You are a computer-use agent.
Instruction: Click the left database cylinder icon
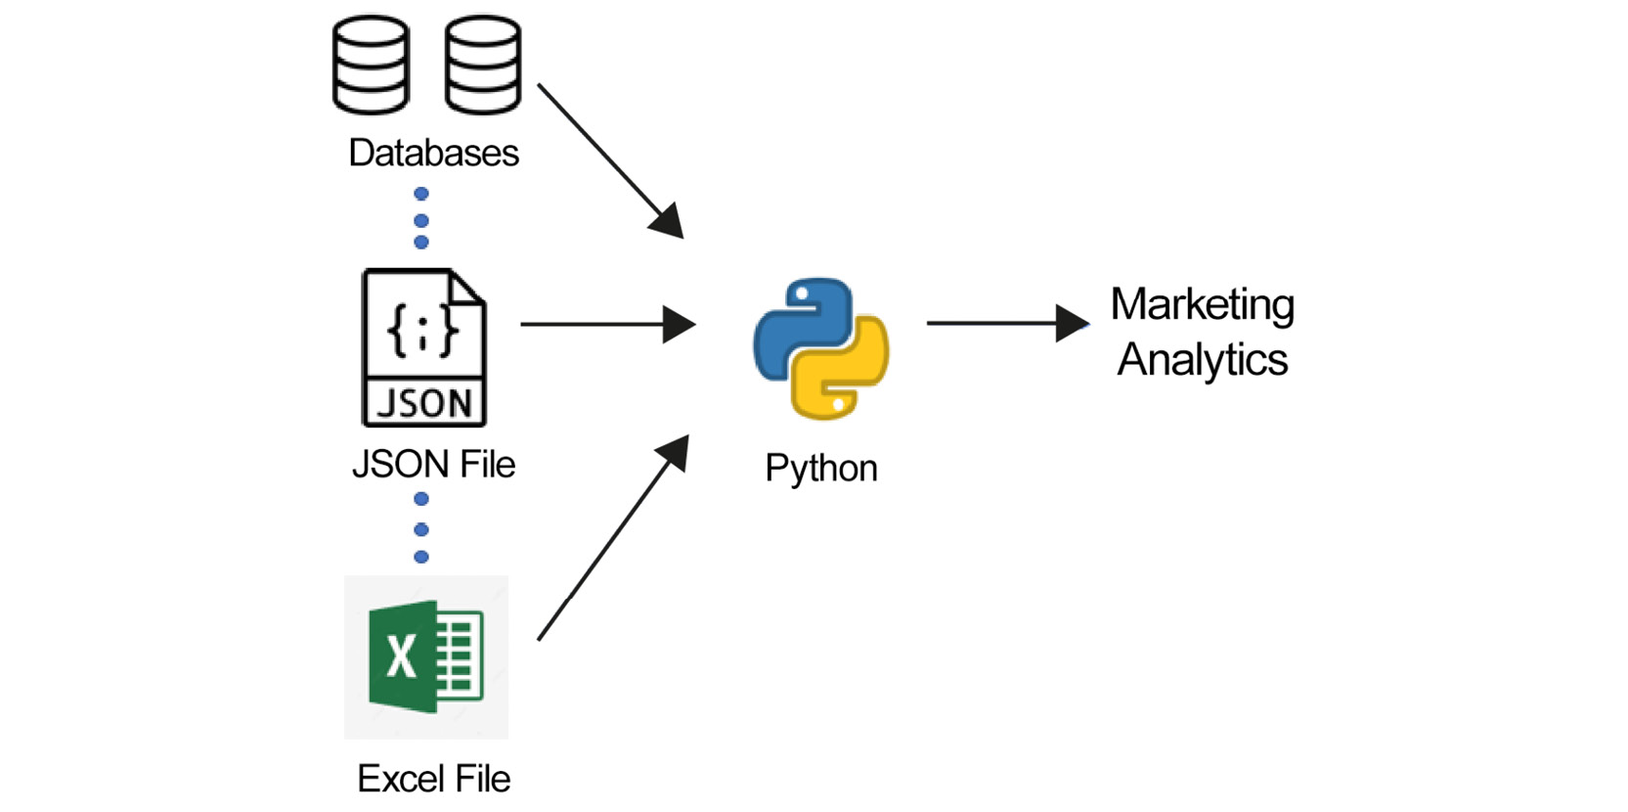click(x=371, y=65)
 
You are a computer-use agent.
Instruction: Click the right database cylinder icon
click(x=482, y=65)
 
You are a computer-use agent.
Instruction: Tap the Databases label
click(x=433, y=154)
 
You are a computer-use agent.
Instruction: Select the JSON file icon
click(x=423, y=347)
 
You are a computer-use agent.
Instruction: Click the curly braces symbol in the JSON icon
click(x=422, y=329)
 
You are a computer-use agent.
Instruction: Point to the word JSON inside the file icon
click(x=424, y=403)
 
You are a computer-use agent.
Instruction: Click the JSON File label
click(x=433, y=465)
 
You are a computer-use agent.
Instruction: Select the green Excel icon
click(x=426, y=656)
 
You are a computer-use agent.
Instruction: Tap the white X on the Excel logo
click(x=401, y=655)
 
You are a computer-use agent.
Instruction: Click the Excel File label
click(x=433, y=780)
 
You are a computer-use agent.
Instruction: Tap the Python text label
click(x=820, y=469)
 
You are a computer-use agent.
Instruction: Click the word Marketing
click(x=1202, y=305)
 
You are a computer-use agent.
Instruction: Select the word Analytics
click(x=1202, y=360)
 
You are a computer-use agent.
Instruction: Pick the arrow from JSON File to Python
click(x=606, y=324)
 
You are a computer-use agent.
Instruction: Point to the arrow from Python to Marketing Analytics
click(x=1007, y=323)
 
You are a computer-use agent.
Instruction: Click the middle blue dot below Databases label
click(x=421, y=220)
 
